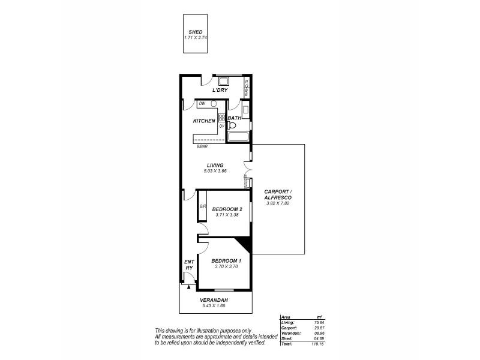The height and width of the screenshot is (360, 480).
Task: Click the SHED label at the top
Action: pyautogui.click(x=196, y=32)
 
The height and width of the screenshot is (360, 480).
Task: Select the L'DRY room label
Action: pyautogui.click(x=220, y=91)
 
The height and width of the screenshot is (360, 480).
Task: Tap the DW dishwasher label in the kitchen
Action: pyautogui.click(x=202, y=104)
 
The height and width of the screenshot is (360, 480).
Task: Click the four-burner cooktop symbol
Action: pyautogui.click(x=221, y=118)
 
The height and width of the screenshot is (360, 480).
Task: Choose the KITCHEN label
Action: pyautogui.click(x=204, y=121)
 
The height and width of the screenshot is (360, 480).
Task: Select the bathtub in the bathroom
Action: pyautogui.click(x=238, y=139)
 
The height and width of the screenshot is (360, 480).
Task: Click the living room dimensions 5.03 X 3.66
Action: pyautogui.click(x=215, y=171)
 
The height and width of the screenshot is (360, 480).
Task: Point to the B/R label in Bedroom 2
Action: pyautogui.click(x=203, y=207)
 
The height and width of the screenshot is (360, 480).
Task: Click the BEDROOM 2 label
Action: pyautogui.click(x=227, y=209)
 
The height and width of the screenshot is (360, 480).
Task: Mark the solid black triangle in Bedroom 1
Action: pyautogui.click(x=244, y=243)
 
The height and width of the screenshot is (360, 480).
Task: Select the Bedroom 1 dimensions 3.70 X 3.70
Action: pyautogui.click(x=226, y=266)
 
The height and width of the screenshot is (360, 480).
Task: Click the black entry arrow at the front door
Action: pyautogui.click(x=188, y=287)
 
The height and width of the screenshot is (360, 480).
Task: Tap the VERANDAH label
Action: pyautogui.click(x=215, y=300)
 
